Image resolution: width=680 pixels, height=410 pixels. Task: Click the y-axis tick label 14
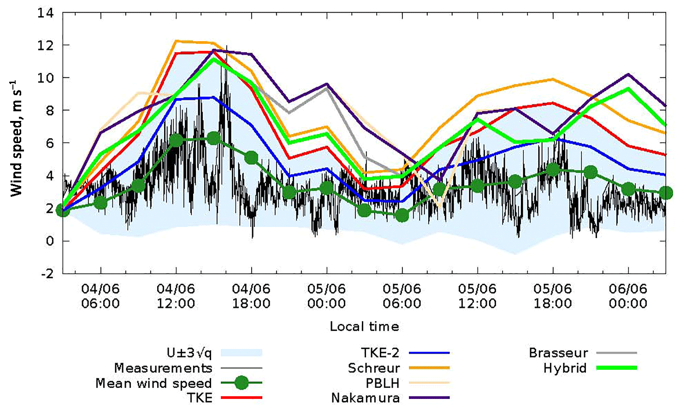pyautogui.click(x=46, y=13)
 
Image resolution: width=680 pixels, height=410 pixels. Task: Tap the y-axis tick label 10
pyautogui.click(x=46, y=78)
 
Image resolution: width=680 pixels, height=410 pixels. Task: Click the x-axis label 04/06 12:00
pyautogui.click(x=176, y=296)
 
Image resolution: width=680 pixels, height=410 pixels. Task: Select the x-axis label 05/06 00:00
pyautogui.click(x=326, y=296)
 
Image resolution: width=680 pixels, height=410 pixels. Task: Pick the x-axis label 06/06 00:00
pyautogui.click(x=628, y=296)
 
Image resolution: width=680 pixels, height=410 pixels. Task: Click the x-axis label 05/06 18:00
pyautogui.click(x=552, y=296)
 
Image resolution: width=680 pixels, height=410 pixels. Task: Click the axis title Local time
pyautogui.click(x=364, y=327)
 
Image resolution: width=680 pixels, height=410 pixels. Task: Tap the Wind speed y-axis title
pyautogui.click(x=17, y=139)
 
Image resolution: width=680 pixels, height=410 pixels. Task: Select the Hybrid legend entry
pyautogui.click(x=565, y=368)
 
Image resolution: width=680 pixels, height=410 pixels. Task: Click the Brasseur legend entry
pyautogui.click(x=558, y=353)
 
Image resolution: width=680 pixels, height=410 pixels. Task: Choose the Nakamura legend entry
pyautogui.click(x=366, y=398)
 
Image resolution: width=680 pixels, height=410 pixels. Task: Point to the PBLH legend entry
pyautogui.click(x=382, y=383)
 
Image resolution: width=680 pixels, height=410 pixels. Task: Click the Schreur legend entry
pyautogui.click(x=374, y=368)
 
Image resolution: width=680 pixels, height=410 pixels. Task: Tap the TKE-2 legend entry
pyautogui.click(x=380, y=353)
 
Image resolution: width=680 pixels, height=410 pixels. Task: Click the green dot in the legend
pyautogui.click(x=242, y=383)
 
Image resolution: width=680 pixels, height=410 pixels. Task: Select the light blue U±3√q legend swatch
pyautogui.click(x=242, y=353)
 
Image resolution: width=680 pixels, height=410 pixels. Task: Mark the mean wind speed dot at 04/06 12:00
pyautogui.click(x=176, y=140)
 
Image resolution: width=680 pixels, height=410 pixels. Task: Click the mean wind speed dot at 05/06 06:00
pyautogui.click(x=402, y=215)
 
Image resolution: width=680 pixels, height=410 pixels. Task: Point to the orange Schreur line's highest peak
pyautogui.click(x=176, y=41)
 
